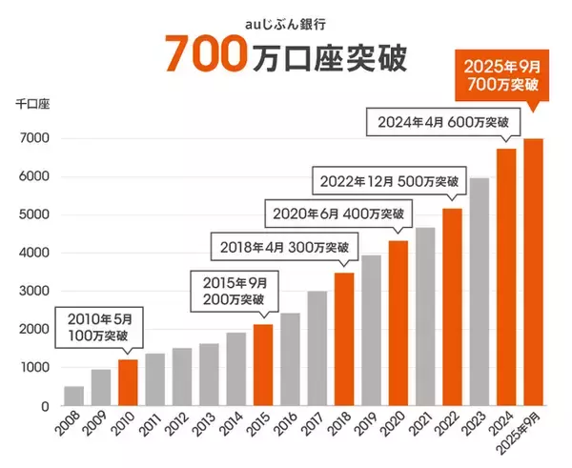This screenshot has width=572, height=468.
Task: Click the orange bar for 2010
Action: coord(128,382)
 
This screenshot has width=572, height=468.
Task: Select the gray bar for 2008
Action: coord(73,396)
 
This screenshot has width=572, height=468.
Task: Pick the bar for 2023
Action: coord(479,292)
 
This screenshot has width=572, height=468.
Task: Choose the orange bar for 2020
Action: coord(398,323)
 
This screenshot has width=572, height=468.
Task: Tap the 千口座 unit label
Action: coord(31,100)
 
